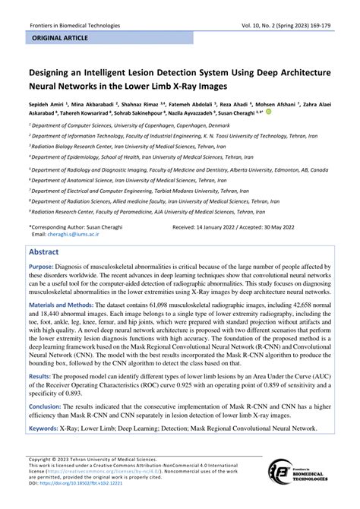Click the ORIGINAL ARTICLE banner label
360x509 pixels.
58,36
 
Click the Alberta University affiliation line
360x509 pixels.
179,170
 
